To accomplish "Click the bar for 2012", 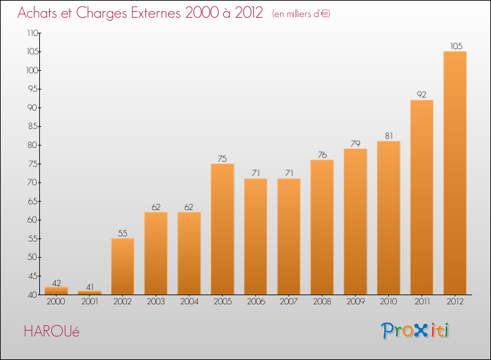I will click(455, 173).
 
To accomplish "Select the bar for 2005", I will click(223, 228).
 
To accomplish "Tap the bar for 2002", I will click(122, 266).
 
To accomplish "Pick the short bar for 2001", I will click(90, 292).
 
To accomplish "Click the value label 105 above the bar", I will click(455, 46).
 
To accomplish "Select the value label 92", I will click(422, 94).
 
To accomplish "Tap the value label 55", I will click(122, 233).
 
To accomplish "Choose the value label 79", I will click(355, 143).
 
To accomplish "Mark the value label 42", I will click(56, 283).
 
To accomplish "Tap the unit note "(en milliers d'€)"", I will click(301, 14).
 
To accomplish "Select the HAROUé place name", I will click(52, 332).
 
